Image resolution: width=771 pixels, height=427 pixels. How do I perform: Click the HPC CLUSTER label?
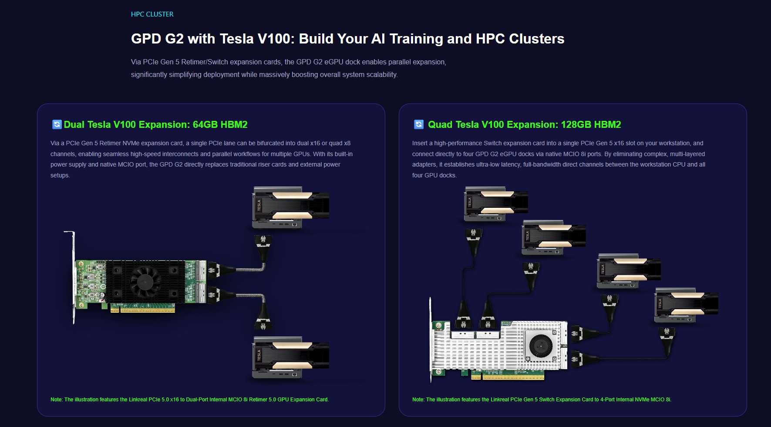pyautogui.click(x=152, y=14)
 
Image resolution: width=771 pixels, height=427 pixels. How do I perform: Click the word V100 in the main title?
pyautogui.click(x=276, y=39)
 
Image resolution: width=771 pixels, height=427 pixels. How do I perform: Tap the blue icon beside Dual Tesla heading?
pyautogui.click(x=57, y=124)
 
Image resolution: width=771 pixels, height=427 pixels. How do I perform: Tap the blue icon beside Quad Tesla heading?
pyautogui.click(x=418, y=124)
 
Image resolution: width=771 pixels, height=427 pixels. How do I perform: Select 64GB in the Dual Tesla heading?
pyautogui.click(x=205, y=124)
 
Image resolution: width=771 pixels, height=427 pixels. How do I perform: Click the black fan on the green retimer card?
pyautogui.click(x=143, y=281)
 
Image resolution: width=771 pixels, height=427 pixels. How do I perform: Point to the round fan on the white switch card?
pyautogui.click(x=540, y=346)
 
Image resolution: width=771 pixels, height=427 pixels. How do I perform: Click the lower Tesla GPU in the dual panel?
pyautogui.click(x=291, y=357)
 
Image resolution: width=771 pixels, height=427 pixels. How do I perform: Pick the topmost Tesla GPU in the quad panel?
pyautogui.click(x=496, y=203)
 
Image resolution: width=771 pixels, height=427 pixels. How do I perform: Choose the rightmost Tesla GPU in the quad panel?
pyautogui.click(x=687, y=305)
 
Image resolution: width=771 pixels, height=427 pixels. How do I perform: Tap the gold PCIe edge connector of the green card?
pyautogui.click(x=143, y=308)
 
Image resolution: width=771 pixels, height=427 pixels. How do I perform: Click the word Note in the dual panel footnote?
pyautogui.click(x=56, y=400)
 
